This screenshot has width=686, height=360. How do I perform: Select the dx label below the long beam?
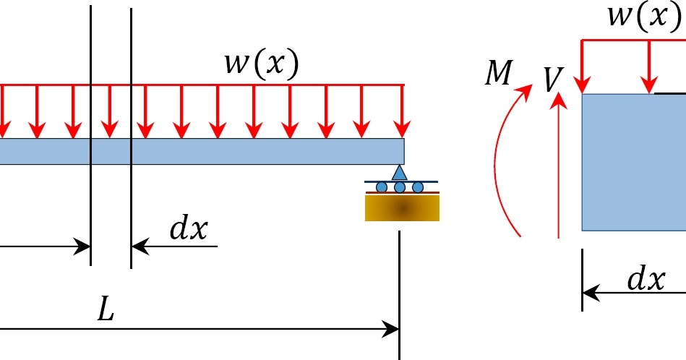coord(188,229)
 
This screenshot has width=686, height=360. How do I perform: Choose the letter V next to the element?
coord(553,80)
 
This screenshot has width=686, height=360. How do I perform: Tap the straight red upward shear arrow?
coord(557,166)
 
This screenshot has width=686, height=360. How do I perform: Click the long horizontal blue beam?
coord(217,151)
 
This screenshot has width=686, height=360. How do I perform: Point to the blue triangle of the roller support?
coord(400,173)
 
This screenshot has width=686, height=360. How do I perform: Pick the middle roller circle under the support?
coord(400,188)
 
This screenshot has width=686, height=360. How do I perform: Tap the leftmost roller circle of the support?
coord(382,188)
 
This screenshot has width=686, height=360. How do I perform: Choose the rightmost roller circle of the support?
coord(418,188)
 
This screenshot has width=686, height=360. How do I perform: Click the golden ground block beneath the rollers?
coord(402,208)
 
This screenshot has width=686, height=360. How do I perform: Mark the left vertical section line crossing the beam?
coord(91,202)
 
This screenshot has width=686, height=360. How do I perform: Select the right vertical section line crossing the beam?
coord(132,202)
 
